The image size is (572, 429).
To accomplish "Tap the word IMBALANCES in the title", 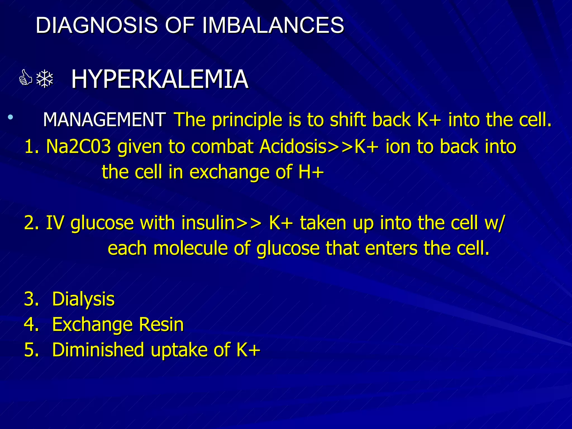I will pyautogui.click(x=273, y=25).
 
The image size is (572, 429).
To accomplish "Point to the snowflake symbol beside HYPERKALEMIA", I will pyautogui.click(x=45, y=79).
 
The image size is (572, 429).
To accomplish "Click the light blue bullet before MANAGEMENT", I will pyautogui.click(x=10, y=117).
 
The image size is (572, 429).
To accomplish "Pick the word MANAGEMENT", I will pyautogui.click(x=104, y=120).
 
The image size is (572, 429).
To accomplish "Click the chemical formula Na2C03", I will pyautogui.click(x=78, y=146).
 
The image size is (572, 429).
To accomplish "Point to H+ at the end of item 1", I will pyautogui.click(x=311, y=172).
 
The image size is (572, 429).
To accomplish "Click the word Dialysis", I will pyautogui.click(x=83, y=299).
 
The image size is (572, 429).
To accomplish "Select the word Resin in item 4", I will pyautogui.click(x=161, y=325).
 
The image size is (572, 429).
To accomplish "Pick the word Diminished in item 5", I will pyautogui.click(x=98, y=350).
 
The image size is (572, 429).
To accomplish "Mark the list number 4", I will pyautogui.click(x=30, y=325).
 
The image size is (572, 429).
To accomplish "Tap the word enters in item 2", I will pyautogui.click(x=391, y=248).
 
